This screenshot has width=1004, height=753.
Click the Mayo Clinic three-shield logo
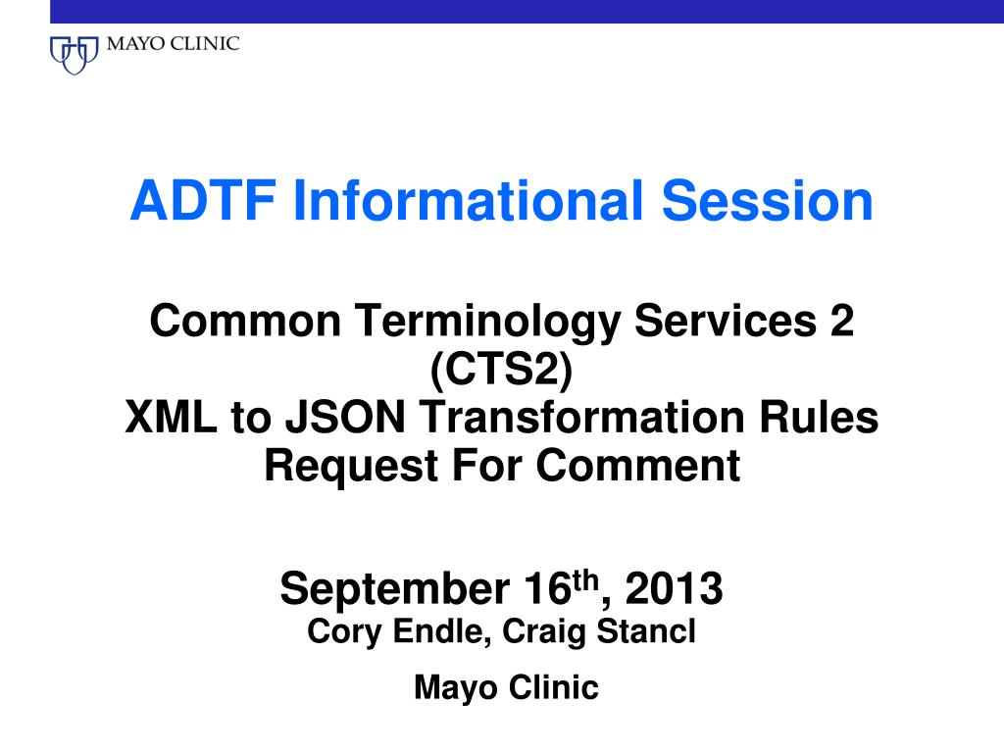pyautogui.click(x=75, y=53)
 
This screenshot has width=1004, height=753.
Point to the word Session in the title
pyautogui.click(x=767, y=201)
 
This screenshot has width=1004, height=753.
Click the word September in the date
pyautogui.click(x=387, y=589)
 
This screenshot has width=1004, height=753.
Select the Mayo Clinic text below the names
pyautogui.click(x=506, y=688)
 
